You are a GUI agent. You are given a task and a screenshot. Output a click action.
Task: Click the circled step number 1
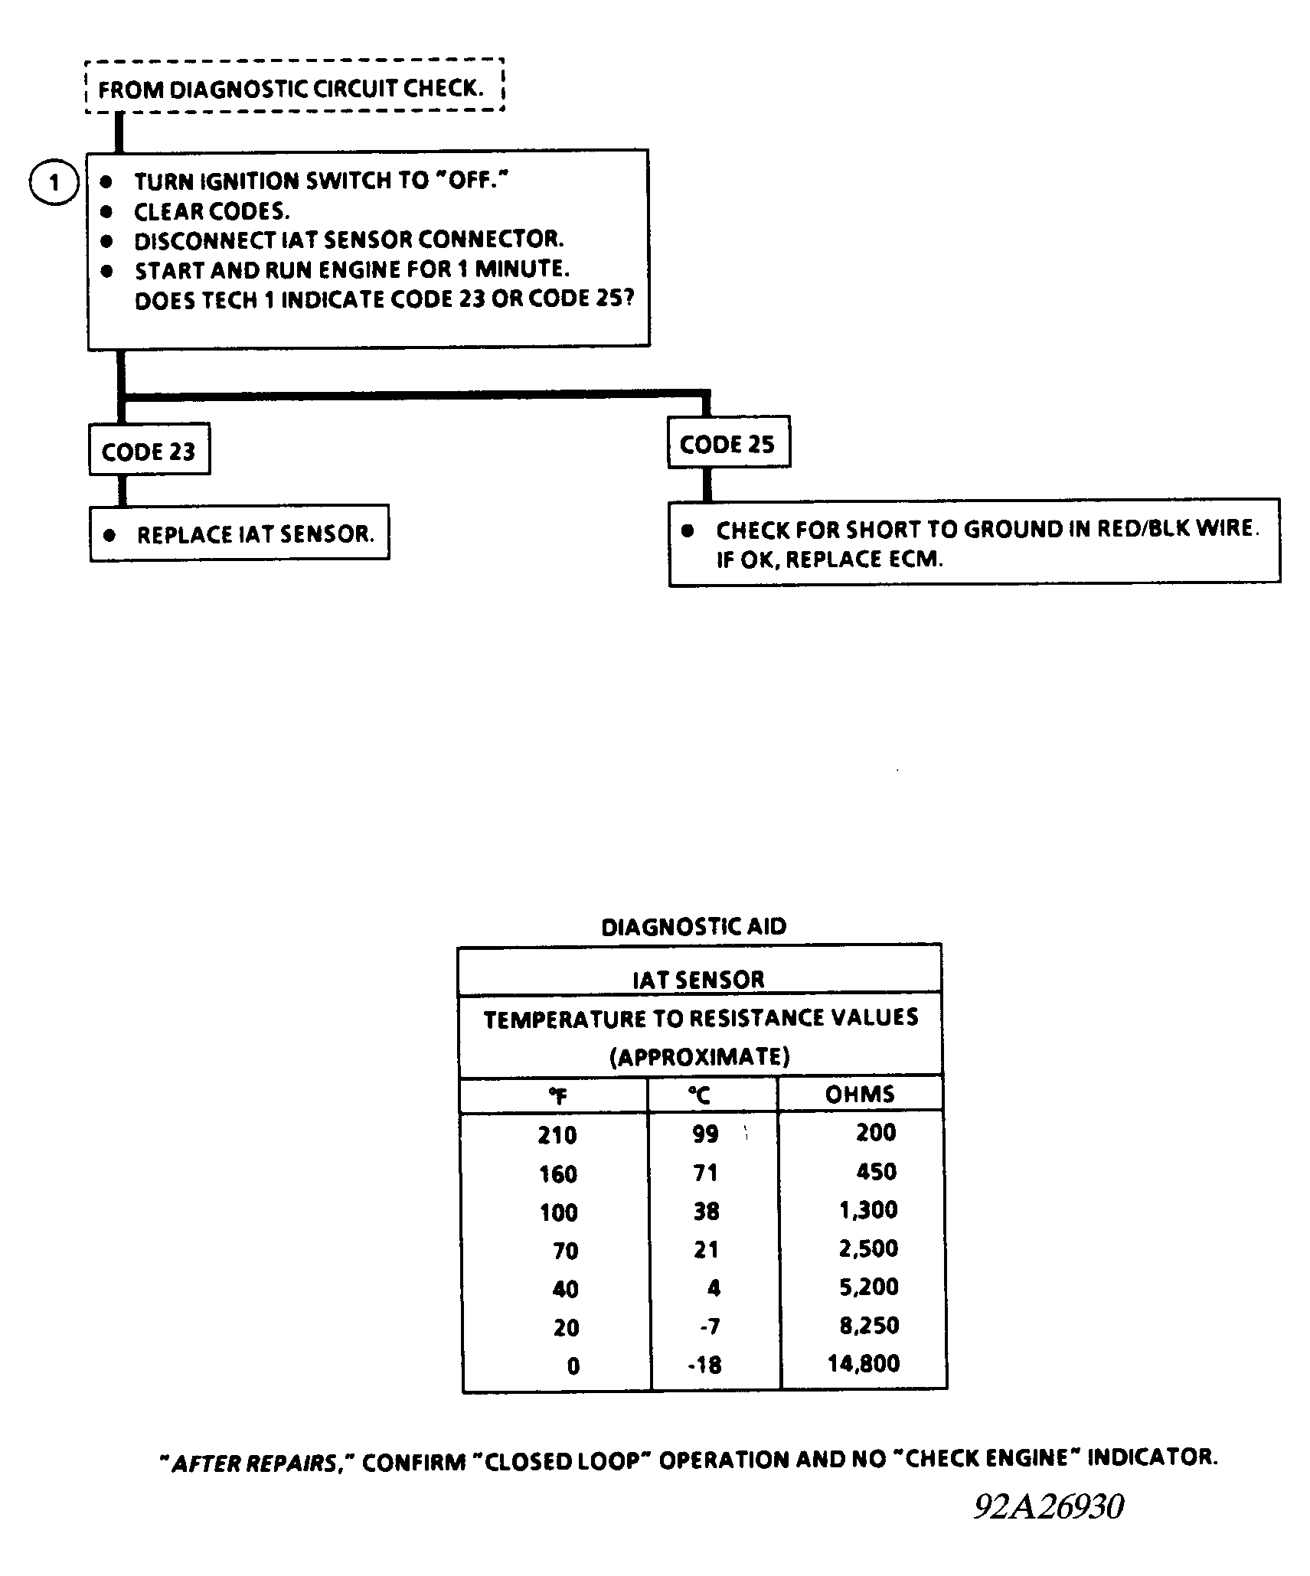[54, 183]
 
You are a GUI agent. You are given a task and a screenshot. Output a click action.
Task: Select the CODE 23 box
[149, 451]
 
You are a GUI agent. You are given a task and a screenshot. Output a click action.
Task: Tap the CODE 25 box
[727, 444]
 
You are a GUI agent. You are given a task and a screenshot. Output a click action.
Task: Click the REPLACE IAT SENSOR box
[239, 533]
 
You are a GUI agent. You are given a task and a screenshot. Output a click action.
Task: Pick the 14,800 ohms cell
[864, 1363]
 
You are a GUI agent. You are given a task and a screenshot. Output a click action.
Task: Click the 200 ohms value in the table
[876, 1132]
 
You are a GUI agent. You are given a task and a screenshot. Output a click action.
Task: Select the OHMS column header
[859, 1094]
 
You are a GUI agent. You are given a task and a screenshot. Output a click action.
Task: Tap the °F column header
[557, 1096]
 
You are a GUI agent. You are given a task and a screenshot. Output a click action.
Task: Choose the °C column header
[698, 1096]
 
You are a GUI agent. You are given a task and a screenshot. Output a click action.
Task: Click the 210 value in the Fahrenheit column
[557, 1134]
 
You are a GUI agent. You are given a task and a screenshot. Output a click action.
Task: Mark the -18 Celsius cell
[704, 1365]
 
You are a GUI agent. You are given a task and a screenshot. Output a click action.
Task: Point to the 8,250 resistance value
[869, 1325]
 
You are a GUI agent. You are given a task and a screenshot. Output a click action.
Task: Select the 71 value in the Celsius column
[705, 1173]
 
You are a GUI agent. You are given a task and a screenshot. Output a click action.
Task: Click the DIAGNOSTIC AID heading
[694, 927]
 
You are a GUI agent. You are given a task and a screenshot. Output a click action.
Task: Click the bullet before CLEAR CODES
[106, 211]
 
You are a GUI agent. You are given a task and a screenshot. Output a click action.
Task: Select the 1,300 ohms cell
[868, 1210]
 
